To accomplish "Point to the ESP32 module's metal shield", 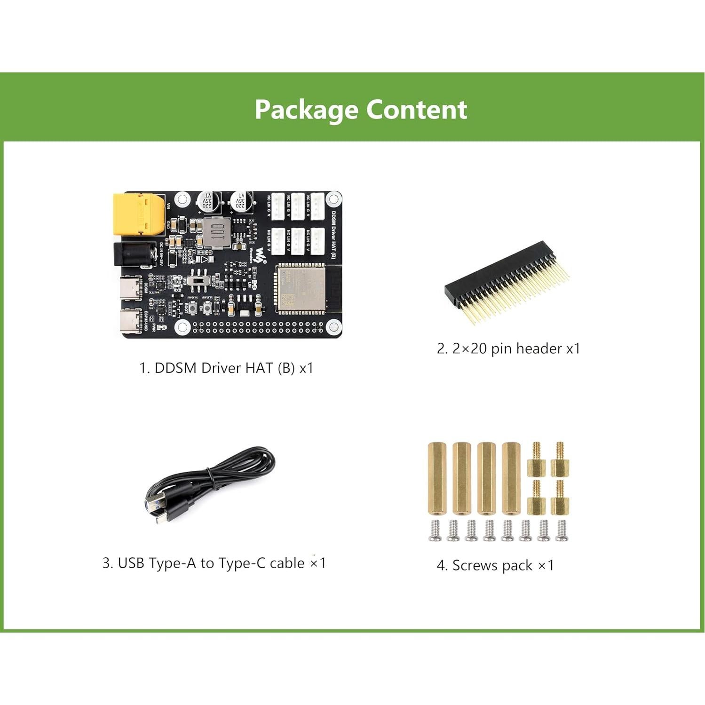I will pos(300,288).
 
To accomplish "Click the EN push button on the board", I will pos(207,307).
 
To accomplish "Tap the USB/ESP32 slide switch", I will pos(200,282).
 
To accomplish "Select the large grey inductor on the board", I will pos(217,233).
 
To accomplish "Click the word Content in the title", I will pos(416,110).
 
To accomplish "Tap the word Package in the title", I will pos(306,110).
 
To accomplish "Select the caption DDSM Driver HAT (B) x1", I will pos(226,368).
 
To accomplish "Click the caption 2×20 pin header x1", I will pos(508,349).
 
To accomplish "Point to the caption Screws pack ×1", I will pos(496,565).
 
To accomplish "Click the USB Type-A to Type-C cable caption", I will pos(214,563).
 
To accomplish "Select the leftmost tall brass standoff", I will pos(436,478).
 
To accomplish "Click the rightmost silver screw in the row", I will pos(562,531).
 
